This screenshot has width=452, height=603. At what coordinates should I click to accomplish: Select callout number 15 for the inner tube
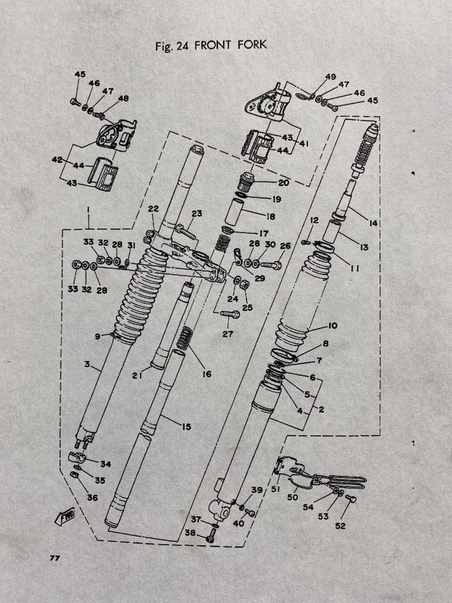coord(185,426)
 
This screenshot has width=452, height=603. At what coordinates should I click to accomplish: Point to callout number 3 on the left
coord(87,365)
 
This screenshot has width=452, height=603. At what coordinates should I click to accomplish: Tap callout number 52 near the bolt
coord(340,526)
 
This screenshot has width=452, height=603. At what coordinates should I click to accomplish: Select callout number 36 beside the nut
coord(92,498)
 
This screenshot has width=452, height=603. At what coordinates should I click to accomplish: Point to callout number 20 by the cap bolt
coord(284,183)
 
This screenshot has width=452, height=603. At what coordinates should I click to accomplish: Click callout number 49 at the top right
coord(330,77)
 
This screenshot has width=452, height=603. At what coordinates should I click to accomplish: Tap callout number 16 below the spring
coord(206,373)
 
